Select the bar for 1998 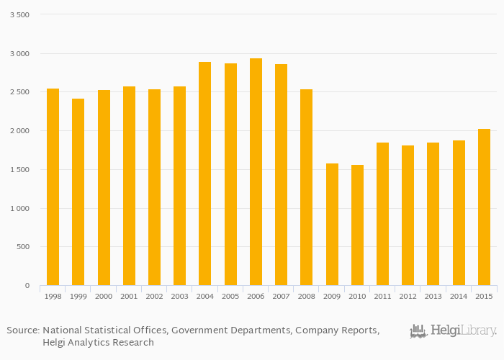point(53,187)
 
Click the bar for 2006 point(256,172)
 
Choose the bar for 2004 point(205,174)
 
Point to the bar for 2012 point(408,215)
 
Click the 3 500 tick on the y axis point(19,15)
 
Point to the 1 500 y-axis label point(19,170)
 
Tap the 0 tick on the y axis point(27,286)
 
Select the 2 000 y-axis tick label point(19,131)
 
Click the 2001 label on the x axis point(129,296)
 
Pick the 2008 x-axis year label point(307,296)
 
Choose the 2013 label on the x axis point(433,296)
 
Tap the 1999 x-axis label point(78,296)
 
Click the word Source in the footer point(22,330)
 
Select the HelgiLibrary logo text point(463,331)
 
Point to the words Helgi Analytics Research point(98,343)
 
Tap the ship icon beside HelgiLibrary point(418,331)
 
